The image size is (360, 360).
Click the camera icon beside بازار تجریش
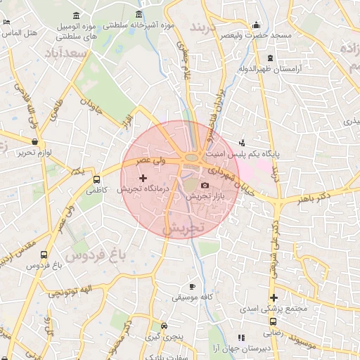coord(205,186)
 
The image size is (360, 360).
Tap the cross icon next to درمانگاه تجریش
coord(143,179)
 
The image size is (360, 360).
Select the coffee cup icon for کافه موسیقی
coord(193,287)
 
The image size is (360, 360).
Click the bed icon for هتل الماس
coord(6,22)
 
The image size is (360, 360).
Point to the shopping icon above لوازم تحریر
coord(33,142)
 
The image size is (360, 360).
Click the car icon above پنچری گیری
coord(164,326)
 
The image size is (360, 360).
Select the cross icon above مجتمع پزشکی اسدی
coord(274,297)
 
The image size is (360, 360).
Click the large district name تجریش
coord(183,229)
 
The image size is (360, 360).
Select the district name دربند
coord(206,28)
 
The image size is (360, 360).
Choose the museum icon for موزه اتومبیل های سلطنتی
coord(76,17)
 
